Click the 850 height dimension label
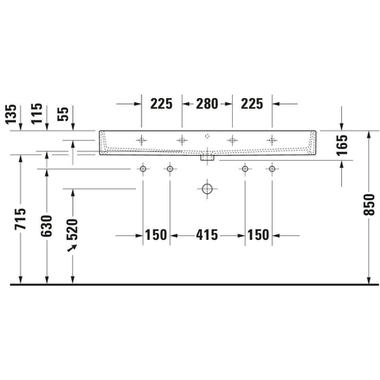coord(369,204)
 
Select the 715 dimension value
coord(21,218)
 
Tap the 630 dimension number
coord(47,226)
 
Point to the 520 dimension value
coord(72,230)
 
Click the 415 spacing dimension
coord(207,235)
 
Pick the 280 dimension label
coord(207,104)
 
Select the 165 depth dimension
coord(342,145)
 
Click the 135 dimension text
coord(11,114)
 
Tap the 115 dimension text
coord(36,113)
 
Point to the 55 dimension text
coord(63,114)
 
